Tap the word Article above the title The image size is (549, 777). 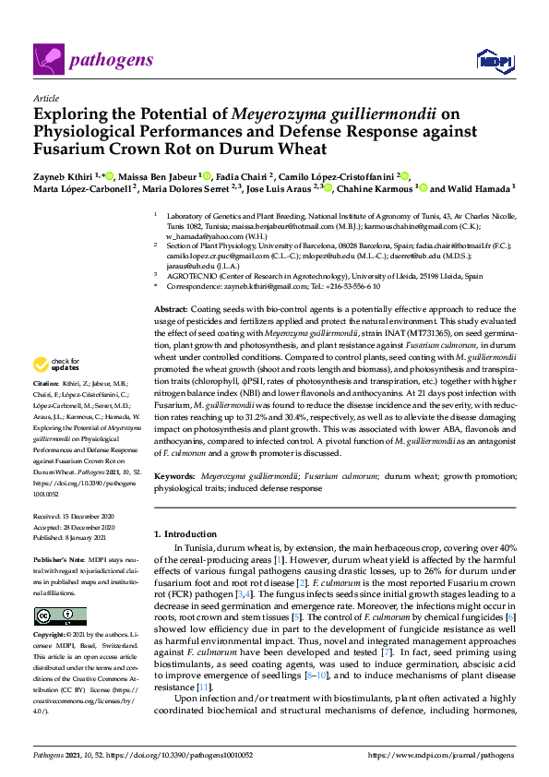45,98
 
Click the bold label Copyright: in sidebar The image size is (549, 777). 51,636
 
